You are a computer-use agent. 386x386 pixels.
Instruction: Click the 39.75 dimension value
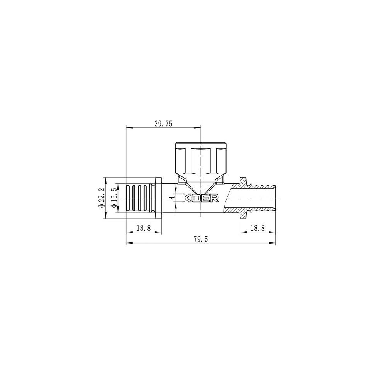point(163,124)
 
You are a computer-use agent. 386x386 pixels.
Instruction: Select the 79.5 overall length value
point(201,239)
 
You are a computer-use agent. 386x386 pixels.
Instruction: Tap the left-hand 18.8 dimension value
point(144,228)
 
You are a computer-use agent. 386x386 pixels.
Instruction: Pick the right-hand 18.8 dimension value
point(257,228)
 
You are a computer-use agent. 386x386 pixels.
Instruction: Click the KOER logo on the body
point(200,198)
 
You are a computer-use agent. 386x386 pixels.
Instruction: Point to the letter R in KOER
point(215,198)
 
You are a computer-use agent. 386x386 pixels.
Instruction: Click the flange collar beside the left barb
point(158,198)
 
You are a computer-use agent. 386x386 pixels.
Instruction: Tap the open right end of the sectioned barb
point(275,198)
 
